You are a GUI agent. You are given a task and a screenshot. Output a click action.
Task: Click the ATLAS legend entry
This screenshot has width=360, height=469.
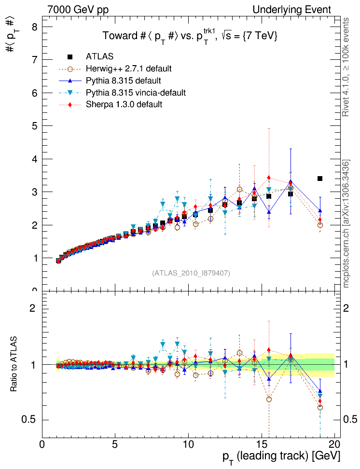point(100,57)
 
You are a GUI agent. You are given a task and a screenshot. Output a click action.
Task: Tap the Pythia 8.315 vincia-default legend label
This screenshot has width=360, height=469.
point(135,92)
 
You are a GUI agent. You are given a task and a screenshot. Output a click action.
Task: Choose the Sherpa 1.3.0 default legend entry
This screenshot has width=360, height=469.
point(123,104)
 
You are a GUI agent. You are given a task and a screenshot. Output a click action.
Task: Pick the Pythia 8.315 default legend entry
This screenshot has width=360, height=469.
point(123,80)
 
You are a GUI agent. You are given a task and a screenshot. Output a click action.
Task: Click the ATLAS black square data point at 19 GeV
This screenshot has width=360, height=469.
point(320,179)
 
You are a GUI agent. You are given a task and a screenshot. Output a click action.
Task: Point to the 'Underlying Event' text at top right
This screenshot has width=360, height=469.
point(292,10)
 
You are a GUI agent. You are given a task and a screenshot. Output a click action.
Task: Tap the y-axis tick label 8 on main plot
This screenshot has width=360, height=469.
point(34,27)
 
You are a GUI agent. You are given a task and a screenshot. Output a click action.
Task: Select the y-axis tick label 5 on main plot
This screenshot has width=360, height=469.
point(34,126)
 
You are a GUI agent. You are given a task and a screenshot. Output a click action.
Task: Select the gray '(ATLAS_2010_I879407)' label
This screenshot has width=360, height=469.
point(191,273)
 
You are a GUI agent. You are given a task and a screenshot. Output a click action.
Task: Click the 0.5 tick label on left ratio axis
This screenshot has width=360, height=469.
point(30,420)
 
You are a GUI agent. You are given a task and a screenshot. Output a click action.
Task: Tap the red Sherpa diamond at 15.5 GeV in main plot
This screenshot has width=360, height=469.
point(269,178)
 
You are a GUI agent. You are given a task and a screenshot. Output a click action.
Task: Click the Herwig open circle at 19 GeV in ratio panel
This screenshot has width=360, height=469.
point(320,408)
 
